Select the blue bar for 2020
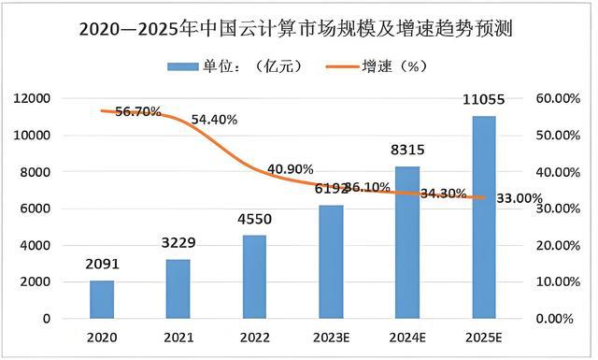(x=102, y=299)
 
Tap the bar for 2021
(x=178, y=289)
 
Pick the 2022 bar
(x=253, y=277)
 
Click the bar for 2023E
(x=331, y=262)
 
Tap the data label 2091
(x=102, y=265)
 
